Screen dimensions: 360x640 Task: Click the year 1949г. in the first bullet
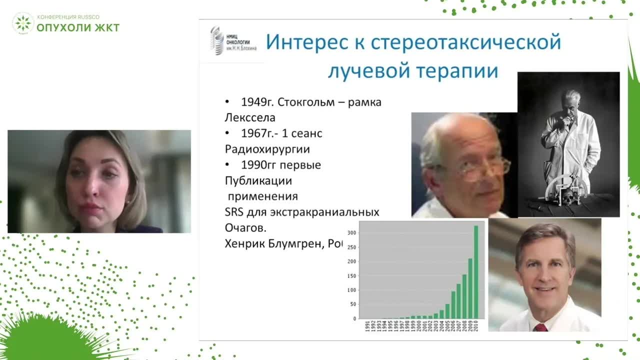tap(257, 102)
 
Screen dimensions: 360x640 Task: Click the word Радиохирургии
tap(267, 149)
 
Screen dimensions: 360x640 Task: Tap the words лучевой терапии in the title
tap(413, 70)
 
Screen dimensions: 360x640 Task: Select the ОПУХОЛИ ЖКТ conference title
tap(78, 27)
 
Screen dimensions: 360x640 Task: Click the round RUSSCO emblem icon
tap(23, 23)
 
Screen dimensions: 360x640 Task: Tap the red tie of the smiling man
tap(540, 327)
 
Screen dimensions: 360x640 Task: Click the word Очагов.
tap(246, 227)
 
